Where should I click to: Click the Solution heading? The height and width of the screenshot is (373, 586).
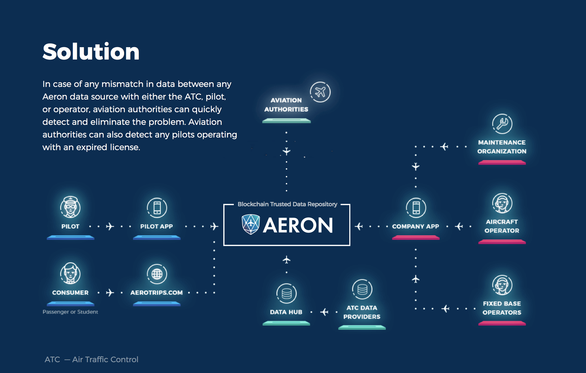click(91, 52)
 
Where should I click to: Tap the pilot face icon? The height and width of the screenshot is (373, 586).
click(70, 207)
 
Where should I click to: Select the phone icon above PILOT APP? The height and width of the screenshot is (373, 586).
click(157, 208)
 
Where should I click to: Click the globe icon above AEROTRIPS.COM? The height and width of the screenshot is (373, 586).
click(157, 274)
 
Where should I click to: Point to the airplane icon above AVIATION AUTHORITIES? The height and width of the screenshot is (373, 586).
click(320, 92)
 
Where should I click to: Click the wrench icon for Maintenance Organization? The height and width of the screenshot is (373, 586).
click(502, 124)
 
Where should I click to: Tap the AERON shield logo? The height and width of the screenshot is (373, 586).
click(251, 224)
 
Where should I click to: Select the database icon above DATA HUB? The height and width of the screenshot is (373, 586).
click(286, 293)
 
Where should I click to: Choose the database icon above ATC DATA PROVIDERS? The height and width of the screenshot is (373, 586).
click(362, 289)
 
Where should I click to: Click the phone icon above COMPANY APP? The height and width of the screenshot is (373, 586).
click(416, 208)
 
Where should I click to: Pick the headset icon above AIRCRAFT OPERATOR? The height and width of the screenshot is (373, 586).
click(502, 203)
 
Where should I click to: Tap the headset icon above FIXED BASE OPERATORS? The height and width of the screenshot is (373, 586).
click(502, 285)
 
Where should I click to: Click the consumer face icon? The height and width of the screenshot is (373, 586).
click(70, 273)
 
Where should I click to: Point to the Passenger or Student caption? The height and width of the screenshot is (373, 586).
click(70, 312)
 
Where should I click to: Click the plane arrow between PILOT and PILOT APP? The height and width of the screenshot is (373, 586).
click(110, 226)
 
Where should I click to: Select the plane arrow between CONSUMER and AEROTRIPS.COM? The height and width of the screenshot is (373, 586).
click(110, 293)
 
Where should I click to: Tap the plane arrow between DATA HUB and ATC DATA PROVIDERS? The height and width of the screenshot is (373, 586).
click(325, 312)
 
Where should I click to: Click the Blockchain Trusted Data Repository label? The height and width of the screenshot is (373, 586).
click(287, 204)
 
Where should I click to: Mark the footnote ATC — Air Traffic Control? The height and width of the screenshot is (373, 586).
click(91, 360)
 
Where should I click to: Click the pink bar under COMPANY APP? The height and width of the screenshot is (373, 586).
click(416, 238)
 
